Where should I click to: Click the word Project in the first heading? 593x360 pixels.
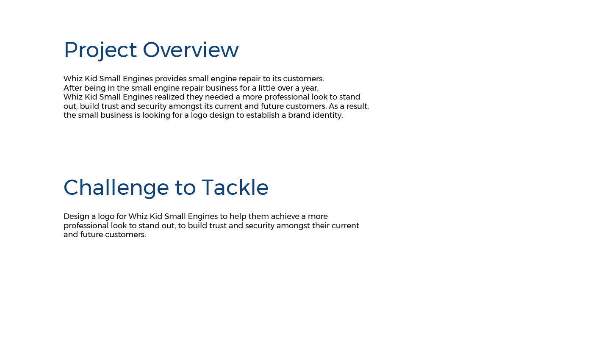pyautogui.click(x=100, y=50)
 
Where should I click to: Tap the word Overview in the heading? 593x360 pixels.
pyautogui.click(x=191, y=50)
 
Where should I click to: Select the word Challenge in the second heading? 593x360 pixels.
pyautogui.click(x=116, y=188)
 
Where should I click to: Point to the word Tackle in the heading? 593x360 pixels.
pyautogui.click(x=235, y=187)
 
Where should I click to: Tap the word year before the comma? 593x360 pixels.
pyautogui.click(x=309, y=89)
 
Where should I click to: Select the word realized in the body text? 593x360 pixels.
pyautogui.click(x=169, y=97)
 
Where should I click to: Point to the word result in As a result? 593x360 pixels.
pyautogui.click(x=356, y=106)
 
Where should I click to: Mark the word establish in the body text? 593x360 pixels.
pyautogui.click(x=263, y=115)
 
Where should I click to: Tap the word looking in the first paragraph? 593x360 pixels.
pyautogui.click(x=152, y=116)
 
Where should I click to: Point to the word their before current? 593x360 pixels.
pyautogui.click(x=319, y=225)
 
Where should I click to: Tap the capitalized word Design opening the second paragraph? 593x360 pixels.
pyautogui.click(x=77, y=217)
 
